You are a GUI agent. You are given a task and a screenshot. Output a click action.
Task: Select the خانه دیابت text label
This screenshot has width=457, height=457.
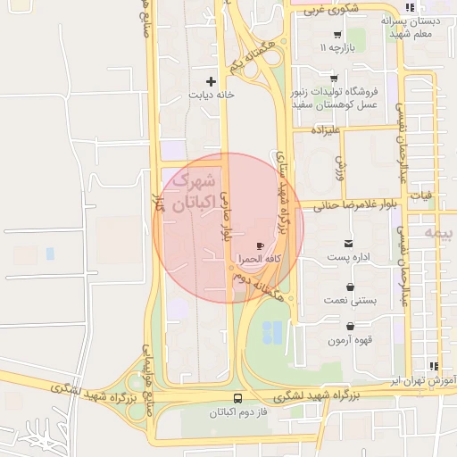coord(212,94)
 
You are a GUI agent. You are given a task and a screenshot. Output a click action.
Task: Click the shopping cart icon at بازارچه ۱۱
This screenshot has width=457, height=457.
coord(337,34)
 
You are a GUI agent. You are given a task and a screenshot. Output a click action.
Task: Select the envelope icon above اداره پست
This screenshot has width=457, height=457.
coord(347,244)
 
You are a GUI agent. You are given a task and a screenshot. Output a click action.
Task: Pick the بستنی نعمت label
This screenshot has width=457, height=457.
coord(350,302)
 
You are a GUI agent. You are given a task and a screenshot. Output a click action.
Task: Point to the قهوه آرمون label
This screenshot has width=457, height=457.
coord(349,340)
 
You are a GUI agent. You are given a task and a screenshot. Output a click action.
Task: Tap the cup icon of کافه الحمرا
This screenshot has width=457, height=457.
coord(260,245)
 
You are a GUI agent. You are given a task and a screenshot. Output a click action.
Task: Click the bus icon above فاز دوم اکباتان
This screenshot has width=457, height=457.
coord(237,399)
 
